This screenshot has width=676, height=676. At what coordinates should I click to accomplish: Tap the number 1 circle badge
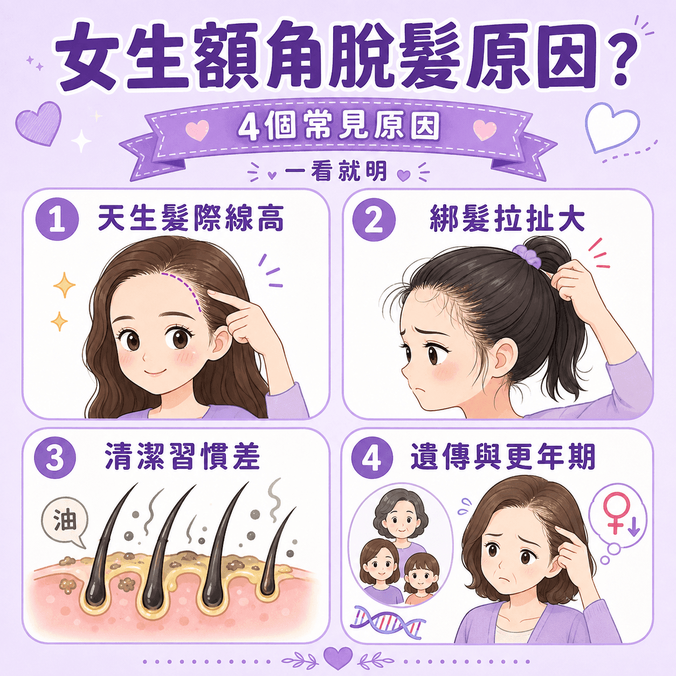coord(57,220)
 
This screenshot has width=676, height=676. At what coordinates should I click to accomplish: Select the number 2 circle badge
coord(374,220)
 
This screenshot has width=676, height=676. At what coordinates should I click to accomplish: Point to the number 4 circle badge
coord(372,458)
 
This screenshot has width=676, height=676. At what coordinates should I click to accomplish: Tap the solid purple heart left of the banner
coord(39,123)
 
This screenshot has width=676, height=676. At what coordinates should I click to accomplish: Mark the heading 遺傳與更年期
coord(503,457)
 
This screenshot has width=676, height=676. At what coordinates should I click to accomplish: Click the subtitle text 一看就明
coord(336,171)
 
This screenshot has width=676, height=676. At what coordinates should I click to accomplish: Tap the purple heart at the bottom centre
coord(338,658)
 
